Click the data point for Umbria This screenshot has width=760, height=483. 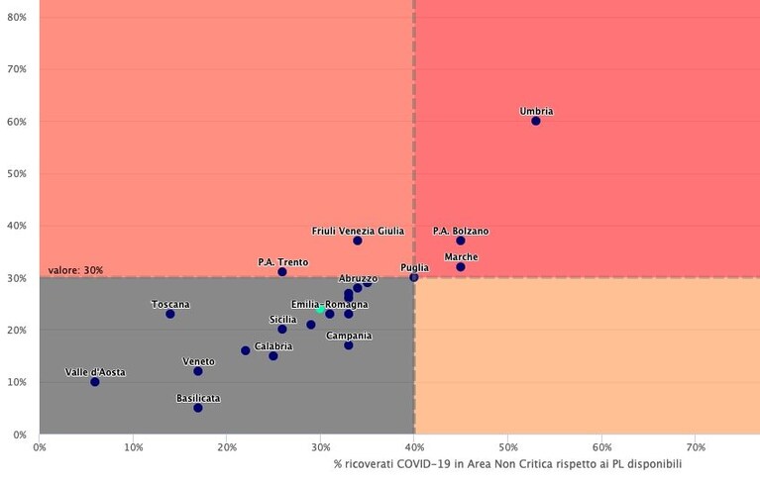[x=536, y=121]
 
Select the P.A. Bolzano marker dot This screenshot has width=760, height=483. [x=461, y=241]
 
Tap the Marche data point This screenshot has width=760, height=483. [x=461, y=266]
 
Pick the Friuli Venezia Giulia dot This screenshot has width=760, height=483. [x=358, y=241]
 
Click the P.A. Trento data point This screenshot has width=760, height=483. [x=282, y=272]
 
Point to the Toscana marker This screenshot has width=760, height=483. [x=170, y=314]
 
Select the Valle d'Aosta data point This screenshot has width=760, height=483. [x=94, y=382]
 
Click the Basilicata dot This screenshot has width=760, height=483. [x=198, y=408]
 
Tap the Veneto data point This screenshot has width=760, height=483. [x=198, y=371]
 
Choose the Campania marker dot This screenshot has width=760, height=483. [x=349, y=345]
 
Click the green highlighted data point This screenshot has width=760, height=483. [x=320, y=309]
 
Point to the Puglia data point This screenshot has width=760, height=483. [x=413, y=277]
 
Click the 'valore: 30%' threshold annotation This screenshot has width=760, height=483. [x=75, y=270]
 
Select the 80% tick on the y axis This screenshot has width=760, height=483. [x=17, y=18]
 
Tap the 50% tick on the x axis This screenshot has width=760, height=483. [x=508, y=447]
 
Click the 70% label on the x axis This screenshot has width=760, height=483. [x=696, y=447]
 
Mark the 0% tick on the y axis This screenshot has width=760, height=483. [x=20, y=435]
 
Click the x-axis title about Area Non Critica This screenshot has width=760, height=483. [x=507, y=464]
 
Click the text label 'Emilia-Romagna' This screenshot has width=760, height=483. [x=330, y=305]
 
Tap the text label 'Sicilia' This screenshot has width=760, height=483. [x=283, y=320]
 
